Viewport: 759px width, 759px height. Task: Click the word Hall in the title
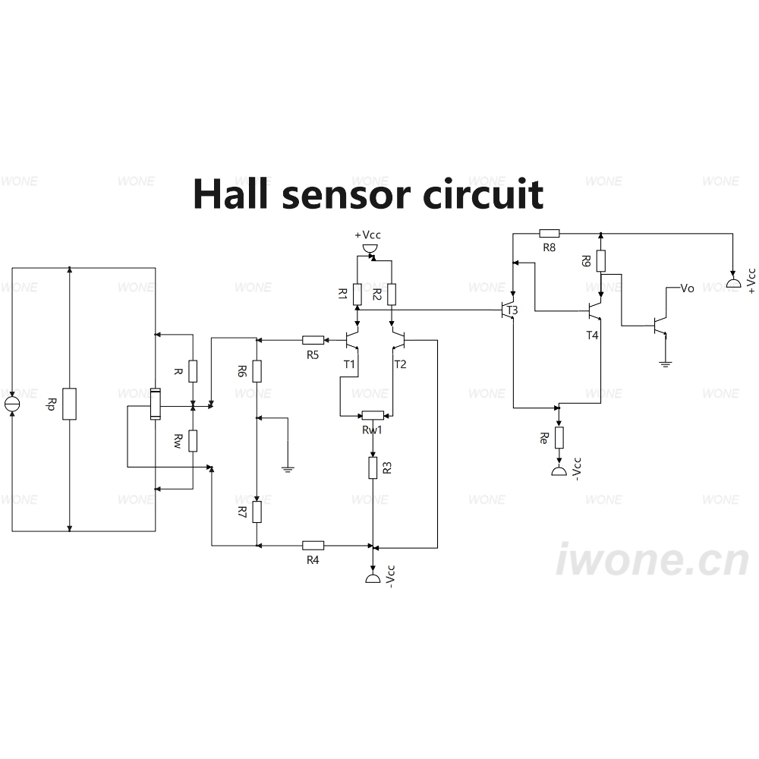[x=231, y=194]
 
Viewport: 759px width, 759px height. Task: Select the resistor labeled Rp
[x=69, y=404]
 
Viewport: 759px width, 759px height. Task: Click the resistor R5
[x=313, y=340]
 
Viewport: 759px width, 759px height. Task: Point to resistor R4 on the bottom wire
[x=313, y=546]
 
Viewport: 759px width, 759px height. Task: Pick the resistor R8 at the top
[x=549, y=234]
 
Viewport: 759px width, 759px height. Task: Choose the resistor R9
[x=600, y=261]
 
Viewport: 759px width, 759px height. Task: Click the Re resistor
[x=559, y=438]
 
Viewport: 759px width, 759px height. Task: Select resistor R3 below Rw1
[x=373, y=468]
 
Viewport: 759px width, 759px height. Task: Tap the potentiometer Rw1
[x=373, y=415]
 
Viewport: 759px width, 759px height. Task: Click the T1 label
[x=349, y=364]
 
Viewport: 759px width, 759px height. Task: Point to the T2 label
[x=400, y=364]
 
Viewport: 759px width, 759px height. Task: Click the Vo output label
[x=688, y=288]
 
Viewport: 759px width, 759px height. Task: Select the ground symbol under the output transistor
[x=666, y=364]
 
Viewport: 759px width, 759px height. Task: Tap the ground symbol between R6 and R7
[x=288, y=468]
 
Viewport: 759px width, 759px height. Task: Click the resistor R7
[x=257, y=512]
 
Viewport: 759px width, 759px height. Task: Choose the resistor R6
[x=257, y=371]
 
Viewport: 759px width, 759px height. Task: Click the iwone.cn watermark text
[x=653, y=559]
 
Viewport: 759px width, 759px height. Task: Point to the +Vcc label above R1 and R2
[x=368, y=235]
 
